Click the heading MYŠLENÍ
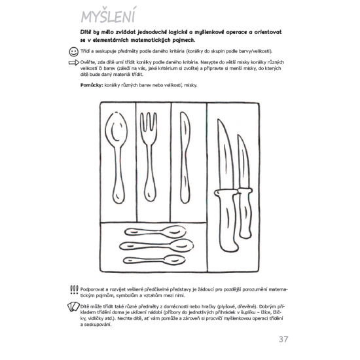tap(108, 15)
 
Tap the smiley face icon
tap(73, 52)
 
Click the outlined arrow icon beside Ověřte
tap(74, 62)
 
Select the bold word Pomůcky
tap(91, 85)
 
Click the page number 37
tap(283, 339)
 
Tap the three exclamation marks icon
tap(74, 290)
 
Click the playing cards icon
tap(73, 306)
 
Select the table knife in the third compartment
tap(185, 158)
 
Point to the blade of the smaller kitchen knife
tap(243, 162)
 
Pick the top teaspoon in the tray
tap(155, 232)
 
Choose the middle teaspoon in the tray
tap(156, 245)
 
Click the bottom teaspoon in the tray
tap(154, 260)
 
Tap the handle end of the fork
tap(150, 193)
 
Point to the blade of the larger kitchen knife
tap(225, 154)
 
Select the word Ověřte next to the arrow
tap(88, 62)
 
